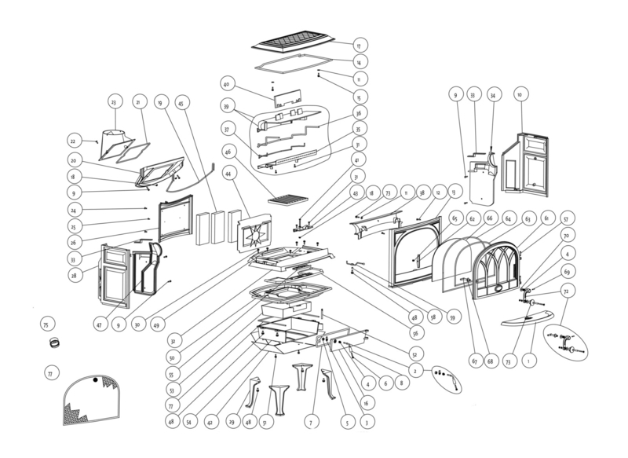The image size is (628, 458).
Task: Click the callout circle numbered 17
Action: pyautogui.click(x=360, y=45)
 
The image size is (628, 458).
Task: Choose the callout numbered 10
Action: pyautogui.click(x=519, y=94)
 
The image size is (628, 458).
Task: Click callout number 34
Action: pyautogui.click(x=493, y=94)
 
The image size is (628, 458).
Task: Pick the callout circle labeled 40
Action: pyautogui.click(x=226, y=84)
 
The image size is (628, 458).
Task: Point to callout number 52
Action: pyautogui.click(x=414, y=354)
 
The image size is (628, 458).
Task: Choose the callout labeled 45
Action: pyautogui.click(x=181, y=102)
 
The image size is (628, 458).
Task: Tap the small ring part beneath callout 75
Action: pyautogui.click(x=56, y=343)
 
